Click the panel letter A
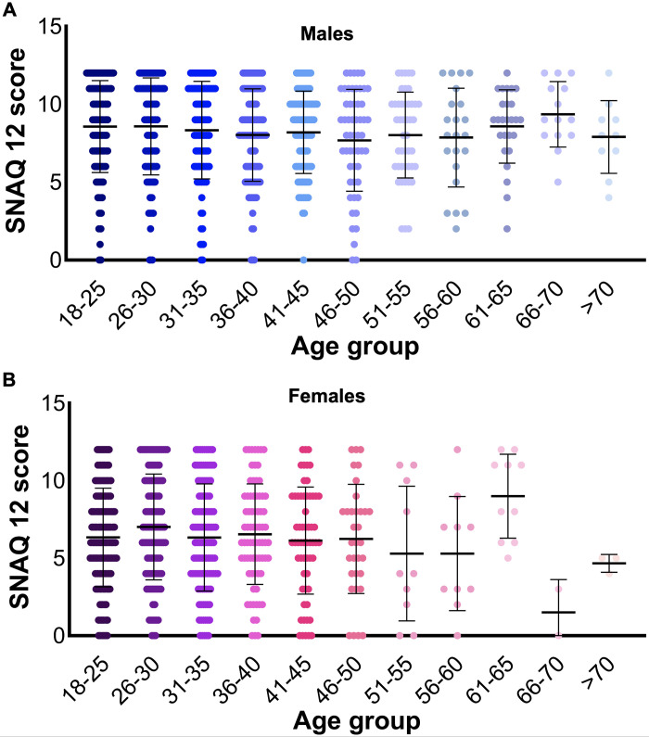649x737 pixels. click(x=9, y=10)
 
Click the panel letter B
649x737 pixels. click(x=9, y=378)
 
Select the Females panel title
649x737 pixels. click(x=324, y=397)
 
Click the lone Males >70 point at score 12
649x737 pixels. click(x=608, y=72)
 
